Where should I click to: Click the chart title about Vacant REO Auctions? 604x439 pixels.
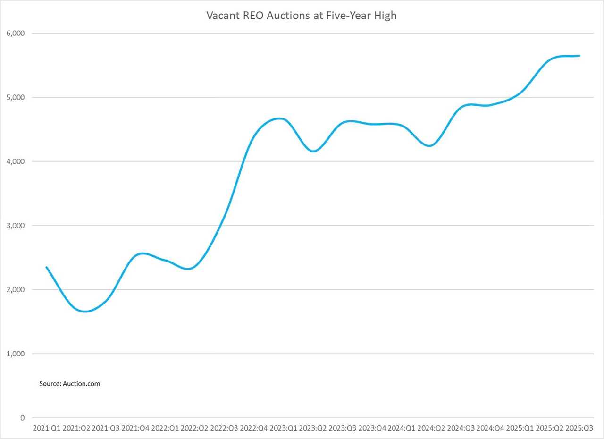(x=302, y=15)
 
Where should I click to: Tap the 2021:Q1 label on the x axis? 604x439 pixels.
(x=46, y=428)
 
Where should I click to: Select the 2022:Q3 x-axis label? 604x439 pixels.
(x=224, y=428)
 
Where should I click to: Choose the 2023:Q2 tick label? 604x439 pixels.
(x=313, y=428)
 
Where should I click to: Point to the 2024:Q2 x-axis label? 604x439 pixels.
(x=431, y=428)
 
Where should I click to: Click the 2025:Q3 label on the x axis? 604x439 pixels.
(x=579, y=428)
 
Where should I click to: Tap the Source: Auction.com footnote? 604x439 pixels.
(x=69, y=384)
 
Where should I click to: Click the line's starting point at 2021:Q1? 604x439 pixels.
(x=46, y=267)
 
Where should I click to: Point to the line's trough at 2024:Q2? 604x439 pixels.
(x=430, y=146)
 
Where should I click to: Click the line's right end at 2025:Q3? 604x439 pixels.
(x=579, y=56)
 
